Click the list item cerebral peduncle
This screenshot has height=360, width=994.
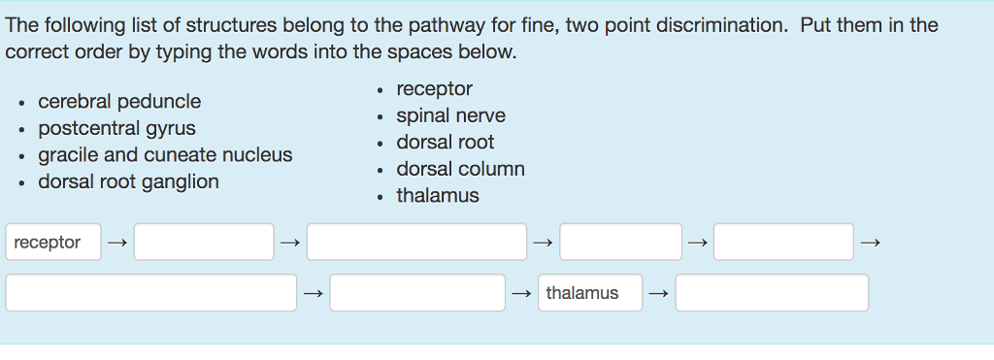[x=119, y=102]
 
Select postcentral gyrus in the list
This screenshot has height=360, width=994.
[x=116, y=128]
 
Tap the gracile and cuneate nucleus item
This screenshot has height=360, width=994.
[x=165, y=155]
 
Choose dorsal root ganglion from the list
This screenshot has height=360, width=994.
[x=128, y=181]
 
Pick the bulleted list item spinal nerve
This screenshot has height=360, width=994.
[x=450, y=115]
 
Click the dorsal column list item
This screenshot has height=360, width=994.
[x=460, y=169]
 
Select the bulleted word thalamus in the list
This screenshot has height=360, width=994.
[x=438, y=196]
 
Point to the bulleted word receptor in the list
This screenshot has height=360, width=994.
[x=434, y=89]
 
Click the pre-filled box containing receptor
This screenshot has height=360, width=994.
[x=52, y=243]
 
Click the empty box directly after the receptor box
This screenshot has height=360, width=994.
[x=204, y=243]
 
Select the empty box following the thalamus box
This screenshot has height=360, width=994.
[x=772, y=293]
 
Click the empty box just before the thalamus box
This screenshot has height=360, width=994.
[x=417, y=293]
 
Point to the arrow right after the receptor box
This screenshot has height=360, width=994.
[x=117, y=243]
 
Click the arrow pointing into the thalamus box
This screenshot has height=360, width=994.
[x=521, y=293]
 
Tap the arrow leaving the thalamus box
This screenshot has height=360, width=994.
[x=659, y=293]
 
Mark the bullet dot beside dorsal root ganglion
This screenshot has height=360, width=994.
[x=22, y=182]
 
